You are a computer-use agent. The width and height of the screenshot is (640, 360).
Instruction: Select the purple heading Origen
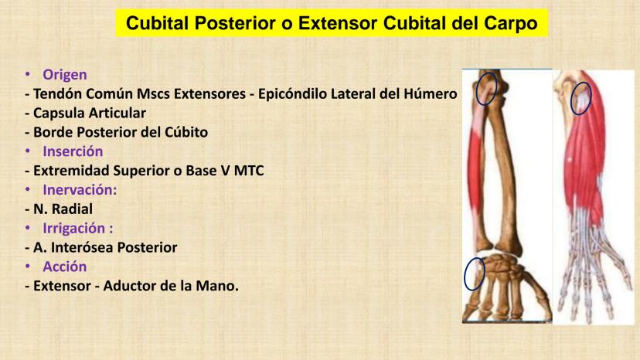pos(65,75)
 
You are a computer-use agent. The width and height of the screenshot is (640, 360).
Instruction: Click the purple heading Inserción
pos(73,151)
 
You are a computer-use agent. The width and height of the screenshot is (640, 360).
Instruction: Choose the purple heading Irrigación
pos(78,228)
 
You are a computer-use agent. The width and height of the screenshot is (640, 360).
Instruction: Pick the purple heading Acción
pos(64,267)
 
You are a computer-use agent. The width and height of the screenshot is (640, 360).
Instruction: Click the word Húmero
pos(431,94)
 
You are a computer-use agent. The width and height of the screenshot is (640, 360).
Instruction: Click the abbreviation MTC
pos(249,171)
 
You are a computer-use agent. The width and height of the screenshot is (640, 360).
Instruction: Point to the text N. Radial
pos(63,209)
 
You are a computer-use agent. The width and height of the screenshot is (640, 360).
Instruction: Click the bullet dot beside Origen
pos(28,74)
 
